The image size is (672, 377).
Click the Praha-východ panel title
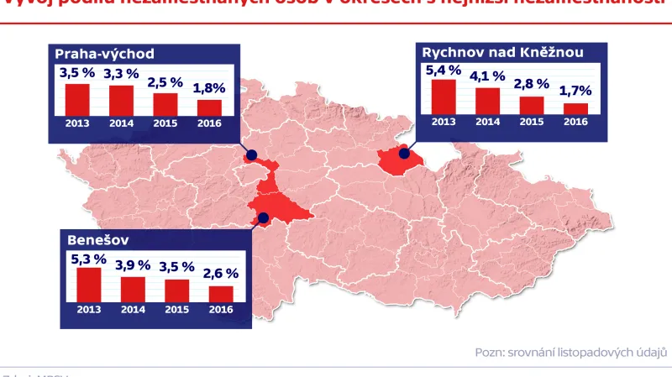point(105,55)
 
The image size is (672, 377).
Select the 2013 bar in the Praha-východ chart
point(77,99)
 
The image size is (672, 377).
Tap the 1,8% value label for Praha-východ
point(209,86)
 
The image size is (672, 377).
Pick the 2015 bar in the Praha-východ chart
point(165,103)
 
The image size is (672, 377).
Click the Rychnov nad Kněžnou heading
point(502,52)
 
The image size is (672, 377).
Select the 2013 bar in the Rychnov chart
point(444,96)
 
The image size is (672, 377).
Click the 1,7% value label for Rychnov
point(576,90)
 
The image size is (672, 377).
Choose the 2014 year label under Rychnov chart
point(487,122)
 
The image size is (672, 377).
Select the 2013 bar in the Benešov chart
point(89,284)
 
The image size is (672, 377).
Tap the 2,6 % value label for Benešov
point(221,273)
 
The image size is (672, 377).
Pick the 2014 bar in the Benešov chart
point(133,288)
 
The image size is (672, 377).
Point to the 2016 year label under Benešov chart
point(221,310)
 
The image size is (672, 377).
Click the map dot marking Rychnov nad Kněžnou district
point(404,154)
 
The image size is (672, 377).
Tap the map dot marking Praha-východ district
point(251,155)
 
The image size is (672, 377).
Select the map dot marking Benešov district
point(264,217)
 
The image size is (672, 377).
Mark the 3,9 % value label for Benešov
point(133,264)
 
